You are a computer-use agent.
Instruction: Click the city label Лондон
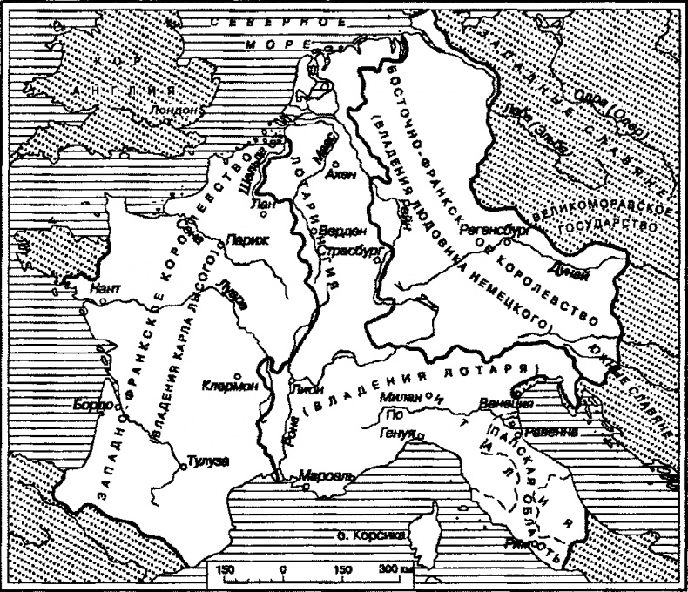[171, 111]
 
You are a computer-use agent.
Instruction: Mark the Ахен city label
[340, 175]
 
